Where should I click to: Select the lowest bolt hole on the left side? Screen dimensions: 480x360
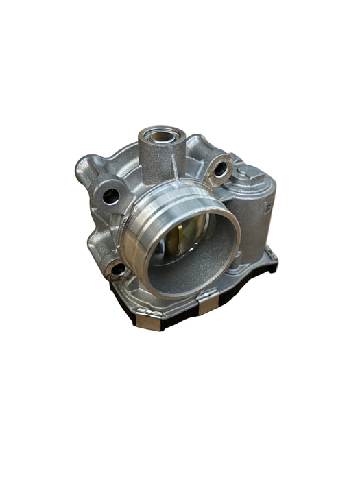[118, 269]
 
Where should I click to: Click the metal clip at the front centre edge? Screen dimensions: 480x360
[204, 303]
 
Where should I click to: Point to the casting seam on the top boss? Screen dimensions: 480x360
[175, 154]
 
